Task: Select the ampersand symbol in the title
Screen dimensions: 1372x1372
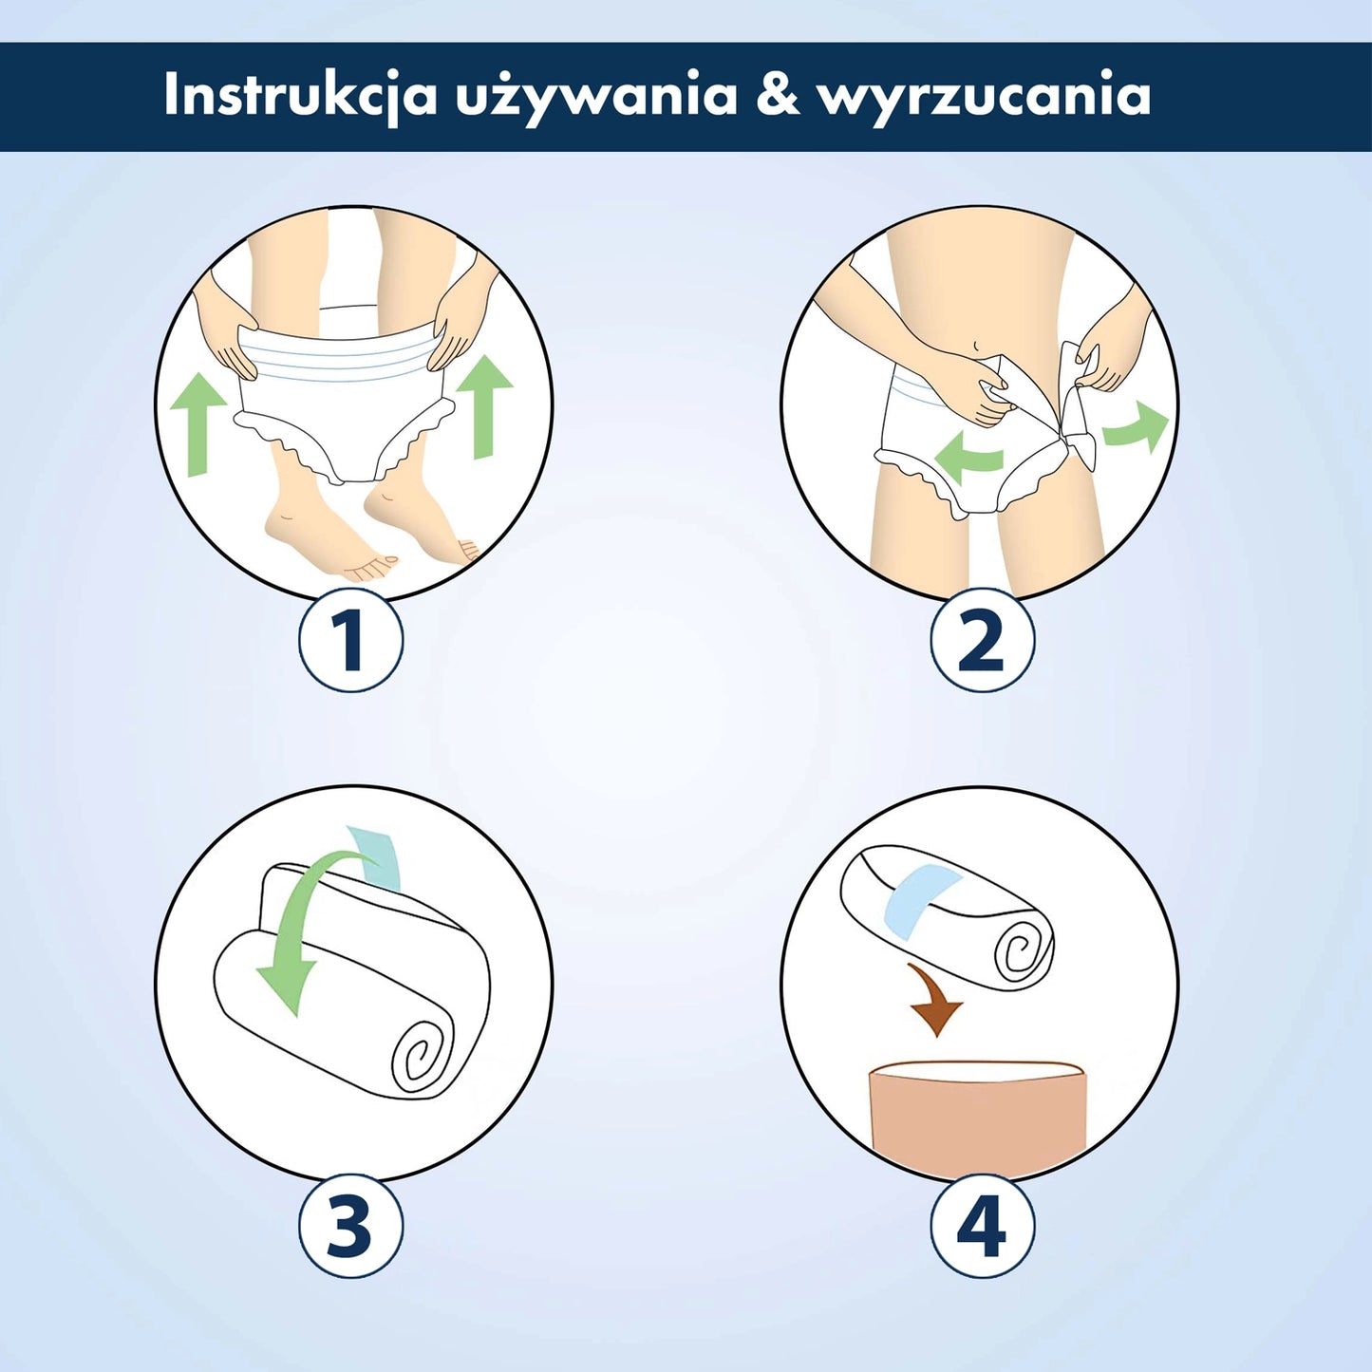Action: click(x=779, y=95)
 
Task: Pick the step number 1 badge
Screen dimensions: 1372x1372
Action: click(x=350, y=638)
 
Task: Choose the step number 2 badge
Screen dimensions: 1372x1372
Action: click(x=981, y=639)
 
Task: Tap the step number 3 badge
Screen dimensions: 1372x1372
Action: click(x=350, y=1225)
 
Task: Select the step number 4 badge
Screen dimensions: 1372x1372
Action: click(x=981, y=1225)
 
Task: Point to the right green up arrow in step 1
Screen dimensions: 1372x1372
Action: click(x=485, y=405)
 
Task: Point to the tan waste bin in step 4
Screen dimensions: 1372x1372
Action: click(x=979, y=1117)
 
